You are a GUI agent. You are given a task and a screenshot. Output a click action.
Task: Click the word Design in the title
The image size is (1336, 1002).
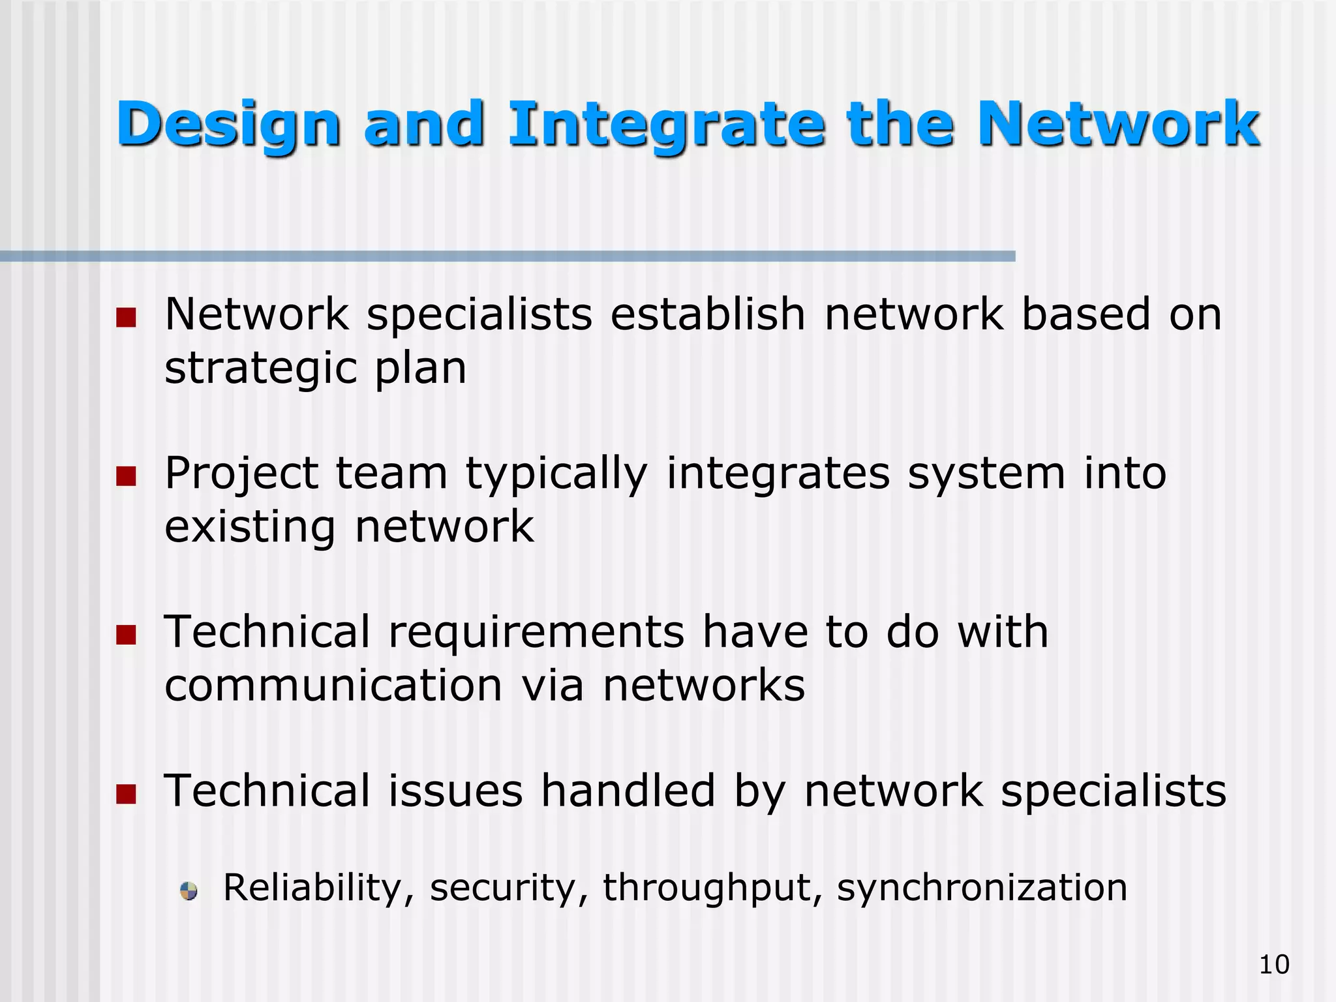pyautogui.click(x=228, y=125)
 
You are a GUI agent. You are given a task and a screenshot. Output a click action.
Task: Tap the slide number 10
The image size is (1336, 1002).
pyautogui.click(x=1274, y=964)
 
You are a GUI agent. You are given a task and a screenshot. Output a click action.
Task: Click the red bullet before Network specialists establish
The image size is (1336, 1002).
pyautogui.click(x=126, y=318)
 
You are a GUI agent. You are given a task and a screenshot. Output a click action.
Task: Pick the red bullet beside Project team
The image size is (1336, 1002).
pyautogui.click(x=126, y=476)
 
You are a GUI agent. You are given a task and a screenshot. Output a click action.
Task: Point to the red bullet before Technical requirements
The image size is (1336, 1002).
pyautogui.click(x=126, y=635)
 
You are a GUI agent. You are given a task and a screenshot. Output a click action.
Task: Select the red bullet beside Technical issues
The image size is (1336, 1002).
pyautogui.click(x=126, y=793)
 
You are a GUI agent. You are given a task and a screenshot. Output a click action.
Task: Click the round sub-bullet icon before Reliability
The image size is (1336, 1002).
pyautogui.click(x=189, y=890)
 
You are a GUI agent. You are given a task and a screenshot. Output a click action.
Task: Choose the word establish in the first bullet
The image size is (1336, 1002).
pyautogui.click(x=708, y=315)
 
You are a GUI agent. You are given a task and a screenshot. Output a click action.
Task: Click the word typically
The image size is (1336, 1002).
pyautogui.click(x=556, y=474)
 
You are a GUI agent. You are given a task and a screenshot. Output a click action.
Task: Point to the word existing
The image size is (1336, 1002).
pyautogui.click(x=250, y=527)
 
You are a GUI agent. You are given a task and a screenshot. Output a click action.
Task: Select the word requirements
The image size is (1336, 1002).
pyautogui.click(x=536, y=633)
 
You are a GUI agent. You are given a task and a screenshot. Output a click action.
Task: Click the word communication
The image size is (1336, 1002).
pyautogui.click(x=333, y=686)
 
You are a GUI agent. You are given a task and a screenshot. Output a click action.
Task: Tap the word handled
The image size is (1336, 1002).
pyautogui.click(x=628, y=791)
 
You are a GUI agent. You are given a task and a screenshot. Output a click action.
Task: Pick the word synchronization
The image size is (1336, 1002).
pyautogui.click(x=982, y=888)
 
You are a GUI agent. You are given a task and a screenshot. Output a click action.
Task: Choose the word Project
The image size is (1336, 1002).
pyautogui.click(x=241, y=474)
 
